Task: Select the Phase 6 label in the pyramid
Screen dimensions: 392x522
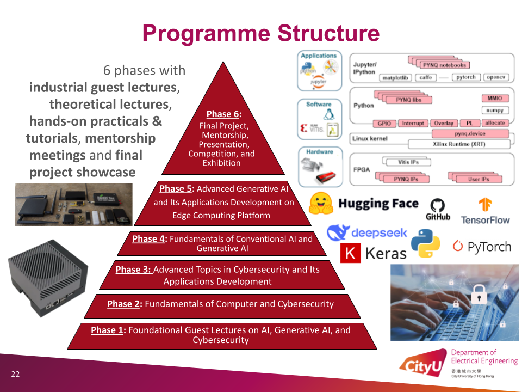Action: (223, 114)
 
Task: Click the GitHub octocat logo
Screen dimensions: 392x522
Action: (438, 205)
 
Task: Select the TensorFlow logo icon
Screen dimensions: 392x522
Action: (485, 205)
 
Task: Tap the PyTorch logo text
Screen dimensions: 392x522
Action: (488, 247)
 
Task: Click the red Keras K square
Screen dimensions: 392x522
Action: (351, 253)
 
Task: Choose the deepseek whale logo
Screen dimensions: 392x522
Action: (338, 233)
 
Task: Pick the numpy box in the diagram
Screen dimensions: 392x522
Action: (495, 111)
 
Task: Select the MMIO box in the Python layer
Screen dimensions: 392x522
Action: (495, 99)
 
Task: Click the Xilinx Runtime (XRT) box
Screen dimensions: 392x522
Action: (458, 144)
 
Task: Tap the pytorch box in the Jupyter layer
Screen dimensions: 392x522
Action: (466, 77)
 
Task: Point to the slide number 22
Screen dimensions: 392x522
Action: (15, 374)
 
